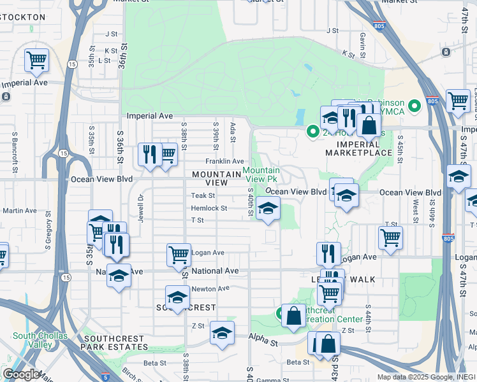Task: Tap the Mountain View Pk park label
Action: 261,174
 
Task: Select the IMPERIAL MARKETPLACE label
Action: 358,148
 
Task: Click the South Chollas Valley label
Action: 40,340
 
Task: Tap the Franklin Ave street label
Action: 224,161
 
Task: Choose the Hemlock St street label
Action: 209,208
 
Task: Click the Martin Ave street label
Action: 20,211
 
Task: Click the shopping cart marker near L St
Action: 37,60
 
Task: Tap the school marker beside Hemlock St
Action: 268,208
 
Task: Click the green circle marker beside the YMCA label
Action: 415,104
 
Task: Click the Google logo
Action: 20,374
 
